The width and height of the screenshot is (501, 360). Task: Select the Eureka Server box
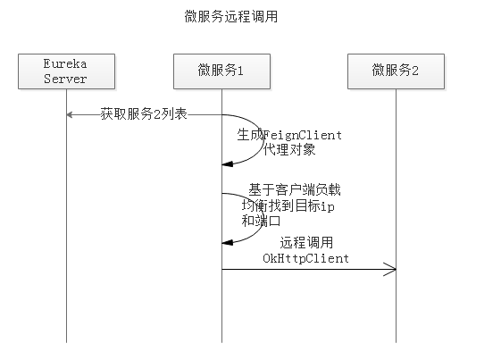(x=66, y=71)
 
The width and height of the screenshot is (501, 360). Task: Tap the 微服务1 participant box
(x=221, y=71)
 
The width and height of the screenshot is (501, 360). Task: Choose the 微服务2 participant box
(x=396, y=71)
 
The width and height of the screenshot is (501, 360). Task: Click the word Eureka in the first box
(x=66, y=64)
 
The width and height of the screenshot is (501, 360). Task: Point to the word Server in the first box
(x=66, y=79)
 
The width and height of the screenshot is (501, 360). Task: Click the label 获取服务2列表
(x=143, y=114)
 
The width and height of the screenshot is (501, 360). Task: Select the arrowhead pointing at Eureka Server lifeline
(x=70, y=114)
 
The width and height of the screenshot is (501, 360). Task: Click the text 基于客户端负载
(x=294, y=190)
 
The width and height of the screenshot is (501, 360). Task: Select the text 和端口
(x=262, y=220)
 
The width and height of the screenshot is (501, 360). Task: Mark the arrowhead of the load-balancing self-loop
(x=227, y=241)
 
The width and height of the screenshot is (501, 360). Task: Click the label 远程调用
(x=305, y=243)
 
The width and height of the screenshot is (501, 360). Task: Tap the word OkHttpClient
(x=305, y=258)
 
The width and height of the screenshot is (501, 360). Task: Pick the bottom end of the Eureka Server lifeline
(x=66, y=340)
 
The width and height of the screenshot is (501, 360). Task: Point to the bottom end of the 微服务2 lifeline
(x=396, y=340)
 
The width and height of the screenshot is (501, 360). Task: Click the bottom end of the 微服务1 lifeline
(x=221, y=340)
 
